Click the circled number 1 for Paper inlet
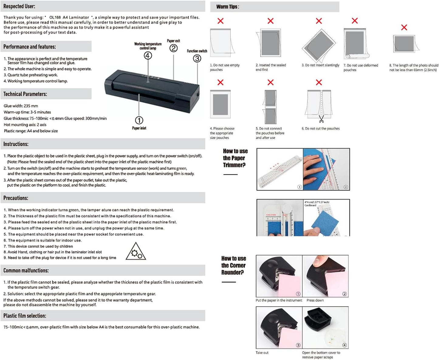click(139, 120)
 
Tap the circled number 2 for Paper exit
click(173, 48)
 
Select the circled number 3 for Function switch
click(197, 58)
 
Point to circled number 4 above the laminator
click(148, 56)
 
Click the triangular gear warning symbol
click(136, 252)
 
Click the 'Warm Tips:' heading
click(228, 7)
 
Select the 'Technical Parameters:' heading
click(25, 94)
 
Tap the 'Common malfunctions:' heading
click(26, 270)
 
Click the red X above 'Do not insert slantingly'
click(319, 21)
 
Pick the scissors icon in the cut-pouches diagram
click(321, 119)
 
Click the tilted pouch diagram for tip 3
click(319, 45)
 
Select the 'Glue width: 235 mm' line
click(21, 106)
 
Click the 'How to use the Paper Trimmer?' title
click(235, 158)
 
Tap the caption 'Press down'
click(315, 300)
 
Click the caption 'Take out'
click(262, 353)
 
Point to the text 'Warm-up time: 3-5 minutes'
click(27, 112)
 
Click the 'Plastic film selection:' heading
click(25, 316)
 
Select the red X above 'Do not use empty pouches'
click(221, 21)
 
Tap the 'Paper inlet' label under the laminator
click(139, 128)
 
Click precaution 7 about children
click(38, 246)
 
